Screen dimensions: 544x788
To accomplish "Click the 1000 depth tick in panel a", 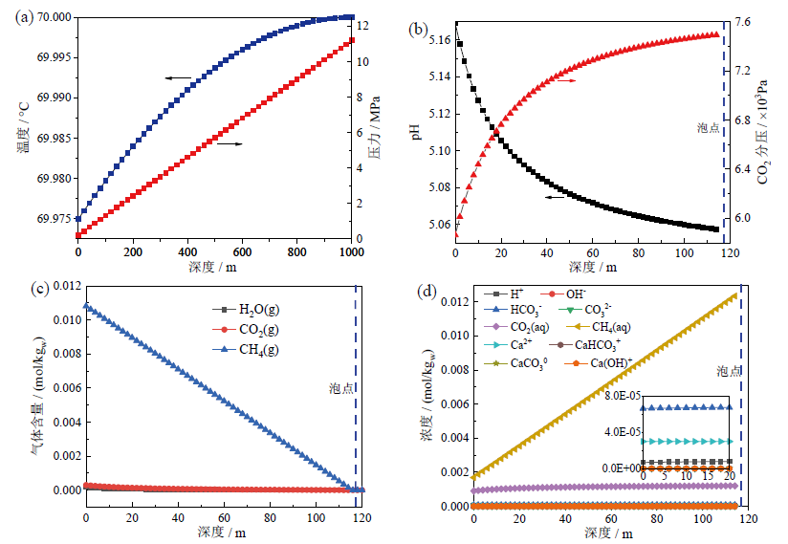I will pos(352,250).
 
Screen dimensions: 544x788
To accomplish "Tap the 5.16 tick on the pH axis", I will pos(437,39).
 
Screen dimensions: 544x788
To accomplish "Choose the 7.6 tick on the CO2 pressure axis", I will pos(743,22).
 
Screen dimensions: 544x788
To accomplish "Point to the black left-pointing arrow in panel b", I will pos(556,196).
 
